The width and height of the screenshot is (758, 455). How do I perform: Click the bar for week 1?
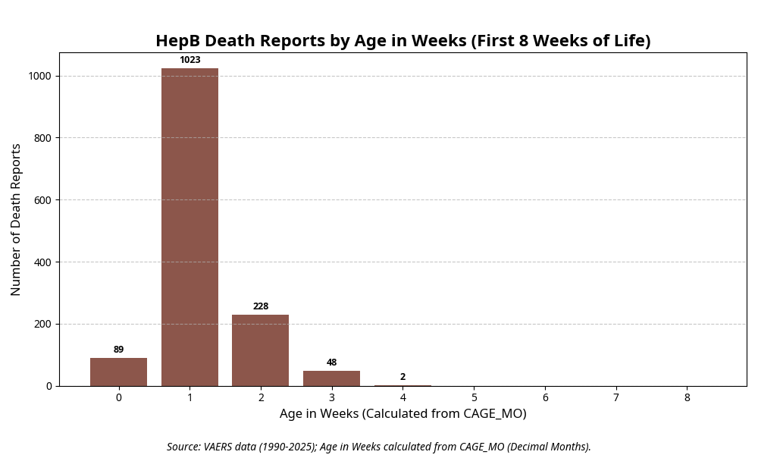coord(189,227)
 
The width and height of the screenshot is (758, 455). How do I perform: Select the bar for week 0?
coord(118,372)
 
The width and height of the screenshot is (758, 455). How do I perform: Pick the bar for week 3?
coord(331,378)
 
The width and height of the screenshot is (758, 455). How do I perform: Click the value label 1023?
coord(189,60)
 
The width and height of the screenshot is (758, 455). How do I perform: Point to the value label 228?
coord(260,306)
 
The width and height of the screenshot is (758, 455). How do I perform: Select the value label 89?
coord(118,350)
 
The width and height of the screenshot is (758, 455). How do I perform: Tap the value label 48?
coord(331,362)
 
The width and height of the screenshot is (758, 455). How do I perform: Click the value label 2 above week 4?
coord(402,377)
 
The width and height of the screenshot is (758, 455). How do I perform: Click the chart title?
coord(402,41)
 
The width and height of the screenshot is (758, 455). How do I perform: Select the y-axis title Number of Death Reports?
coord(16,219)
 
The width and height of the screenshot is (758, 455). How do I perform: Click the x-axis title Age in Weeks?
coord(402,414)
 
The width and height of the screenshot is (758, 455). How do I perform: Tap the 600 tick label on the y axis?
coord(42,200)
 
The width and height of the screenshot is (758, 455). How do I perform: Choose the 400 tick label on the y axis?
coord(42,262)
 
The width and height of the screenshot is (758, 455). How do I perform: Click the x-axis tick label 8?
coord(687,397)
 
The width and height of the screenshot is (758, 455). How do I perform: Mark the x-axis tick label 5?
coord(474,397)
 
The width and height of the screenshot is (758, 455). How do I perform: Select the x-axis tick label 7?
coord(615,397)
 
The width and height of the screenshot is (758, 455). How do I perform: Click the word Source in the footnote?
coord(183,447)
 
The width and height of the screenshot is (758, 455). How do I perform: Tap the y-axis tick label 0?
coord(49,386)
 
